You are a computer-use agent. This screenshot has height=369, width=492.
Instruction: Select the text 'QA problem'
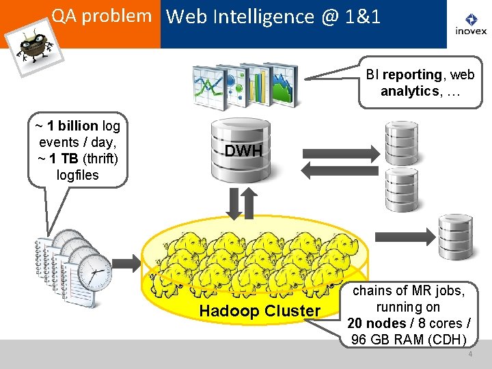coord(101,16)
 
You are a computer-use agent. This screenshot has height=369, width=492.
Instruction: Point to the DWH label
coord(244,151)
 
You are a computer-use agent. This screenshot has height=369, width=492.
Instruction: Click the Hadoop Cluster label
coord(259,311)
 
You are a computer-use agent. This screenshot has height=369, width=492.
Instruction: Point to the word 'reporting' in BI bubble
coord(413,74)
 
